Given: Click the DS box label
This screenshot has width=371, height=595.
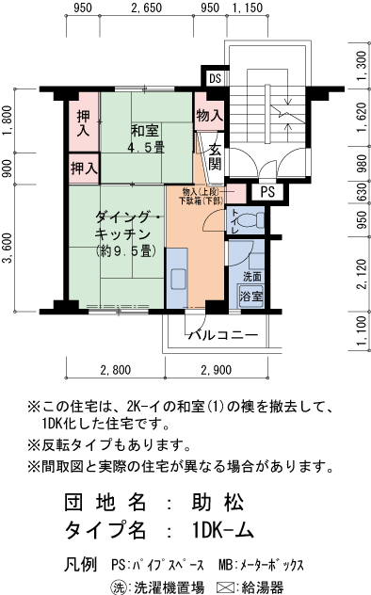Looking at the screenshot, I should point(215,78).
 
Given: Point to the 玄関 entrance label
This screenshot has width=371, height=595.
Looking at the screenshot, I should point(215,155).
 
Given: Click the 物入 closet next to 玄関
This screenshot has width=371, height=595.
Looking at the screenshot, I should point(209,115).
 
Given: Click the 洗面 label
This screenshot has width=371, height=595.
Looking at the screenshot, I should point(251,278).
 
